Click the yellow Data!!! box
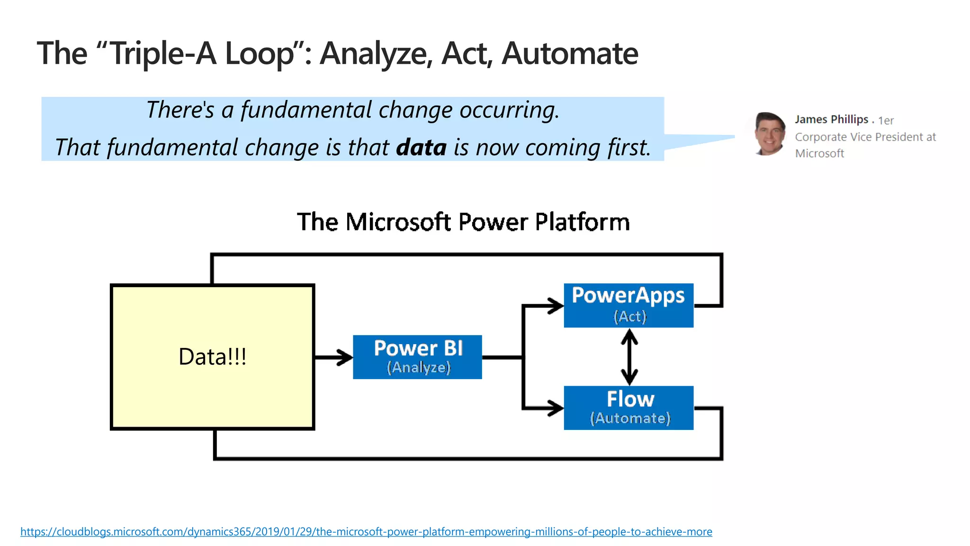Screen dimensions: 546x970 tap(212, 357)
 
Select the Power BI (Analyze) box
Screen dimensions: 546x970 tap(417, 357)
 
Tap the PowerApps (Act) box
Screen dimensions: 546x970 tap(629, 305)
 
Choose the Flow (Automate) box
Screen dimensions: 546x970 tap(629, 408)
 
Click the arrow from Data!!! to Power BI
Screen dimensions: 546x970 tap(333, 357)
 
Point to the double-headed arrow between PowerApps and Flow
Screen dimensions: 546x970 tap(629, 357)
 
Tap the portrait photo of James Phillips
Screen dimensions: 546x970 tap(769, 134)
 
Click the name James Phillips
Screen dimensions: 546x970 tap(831, 119)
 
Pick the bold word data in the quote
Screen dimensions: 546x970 tap(421, 147)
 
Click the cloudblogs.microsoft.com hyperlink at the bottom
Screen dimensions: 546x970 tap(366, 532)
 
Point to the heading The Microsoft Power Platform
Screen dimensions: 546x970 tap(463, 222)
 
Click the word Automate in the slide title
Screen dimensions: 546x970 tap(570, 53)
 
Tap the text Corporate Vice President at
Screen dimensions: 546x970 tap(865, 137)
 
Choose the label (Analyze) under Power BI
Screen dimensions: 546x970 tap(419, 367)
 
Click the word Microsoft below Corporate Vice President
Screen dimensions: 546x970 tap(819, 154)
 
